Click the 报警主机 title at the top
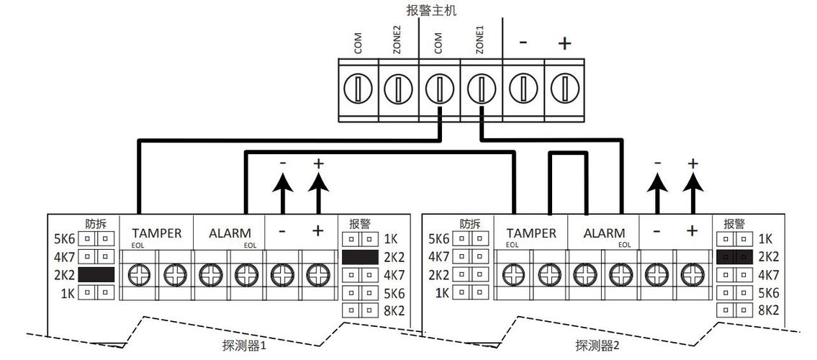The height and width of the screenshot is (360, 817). [431, 10]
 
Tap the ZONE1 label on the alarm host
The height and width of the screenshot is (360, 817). [480, 41]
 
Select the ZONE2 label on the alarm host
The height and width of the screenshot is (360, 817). [397, 41]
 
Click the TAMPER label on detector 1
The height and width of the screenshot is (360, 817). [156, 233]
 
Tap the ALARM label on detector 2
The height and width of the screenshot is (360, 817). [604, 233]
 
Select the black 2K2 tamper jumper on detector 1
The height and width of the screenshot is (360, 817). [96, 274]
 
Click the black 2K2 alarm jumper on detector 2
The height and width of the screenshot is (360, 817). [735, 256]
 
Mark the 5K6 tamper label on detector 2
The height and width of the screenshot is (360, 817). [438, 239]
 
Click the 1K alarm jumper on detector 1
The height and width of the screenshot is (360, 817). [361, 239]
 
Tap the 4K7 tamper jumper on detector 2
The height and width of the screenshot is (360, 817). [470, 257]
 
